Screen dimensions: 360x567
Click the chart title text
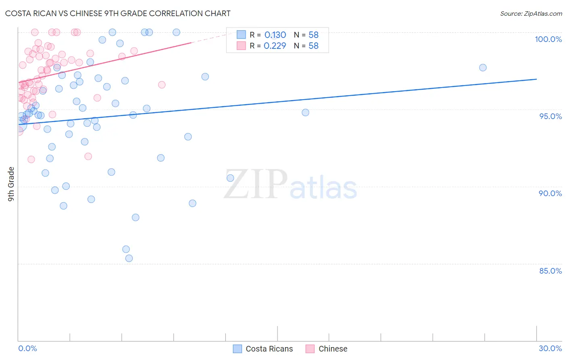point(118,13)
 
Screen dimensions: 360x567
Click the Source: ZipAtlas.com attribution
point(531,13)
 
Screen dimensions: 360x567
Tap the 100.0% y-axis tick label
point(548,39)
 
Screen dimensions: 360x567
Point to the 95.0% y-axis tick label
point(550,116)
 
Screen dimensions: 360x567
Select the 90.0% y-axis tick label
point(550,193)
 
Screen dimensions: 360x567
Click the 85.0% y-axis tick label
point(550,271)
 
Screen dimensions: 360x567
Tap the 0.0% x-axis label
point(27,348)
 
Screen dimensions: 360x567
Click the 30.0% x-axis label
point(550,348)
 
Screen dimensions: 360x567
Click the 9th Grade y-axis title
point(11,184)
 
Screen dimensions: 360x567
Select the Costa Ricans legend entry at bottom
point(263,349)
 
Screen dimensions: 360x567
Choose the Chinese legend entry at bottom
point(327,349)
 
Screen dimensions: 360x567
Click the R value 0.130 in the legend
point(275,35)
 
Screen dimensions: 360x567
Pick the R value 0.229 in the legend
point(275,46)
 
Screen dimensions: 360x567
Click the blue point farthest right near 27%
point(483,67)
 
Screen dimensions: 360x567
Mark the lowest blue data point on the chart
point(129,258)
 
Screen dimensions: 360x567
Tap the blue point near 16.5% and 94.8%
point(305,113)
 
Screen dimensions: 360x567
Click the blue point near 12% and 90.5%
point(230,178)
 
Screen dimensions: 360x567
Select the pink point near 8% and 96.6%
point(162,85)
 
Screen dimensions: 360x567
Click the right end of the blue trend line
point(536,79)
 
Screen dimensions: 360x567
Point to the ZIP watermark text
point(256,184)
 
